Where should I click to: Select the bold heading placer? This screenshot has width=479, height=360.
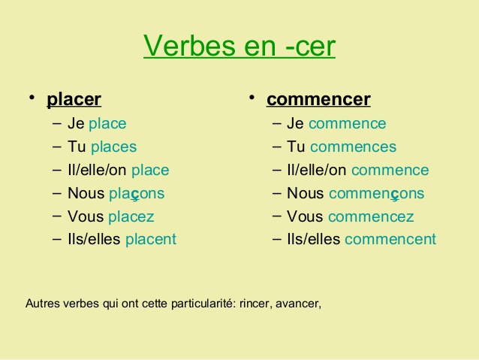pyautogui.click(x=74, y=99)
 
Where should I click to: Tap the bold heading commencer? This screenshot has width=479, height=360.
pyautogui.click(x=318, y=99)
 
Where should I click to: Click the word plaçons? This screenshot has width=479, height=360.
pyautogui.click(x=136, y=194)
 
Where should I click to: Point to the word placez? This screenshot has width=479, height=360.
pyautogui.click(x=131, y=216)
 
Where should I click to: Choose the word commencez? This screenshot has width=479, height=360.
pyautogui.click(x=371, y=216)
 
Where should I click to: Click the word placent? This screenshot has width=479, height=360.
pyautogui.click(x=150, y=240)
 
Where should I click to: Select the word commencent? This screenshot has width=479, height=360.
pyautogui.click(x=390, y=240)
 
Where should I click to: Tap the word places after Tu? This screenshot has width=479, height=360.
pyautogui.click(x=113, y=147)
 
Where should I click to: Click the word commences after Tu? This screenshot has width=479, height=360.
pyautogui.click(x=353, y=147)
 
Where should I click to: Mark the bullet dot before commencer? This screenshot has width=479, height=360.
pyautogui.click(x=253, y=98)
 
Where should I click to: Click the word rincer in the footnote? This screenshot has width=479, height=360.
pyautogui.click(x=256, y=304)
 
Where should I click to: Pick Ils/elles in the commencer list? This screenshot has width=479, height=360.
pyautogui.click(x=313, y=240)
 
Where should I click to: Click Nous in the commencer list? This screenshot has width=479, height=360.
pyautogui.click(x=305, y=194)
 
